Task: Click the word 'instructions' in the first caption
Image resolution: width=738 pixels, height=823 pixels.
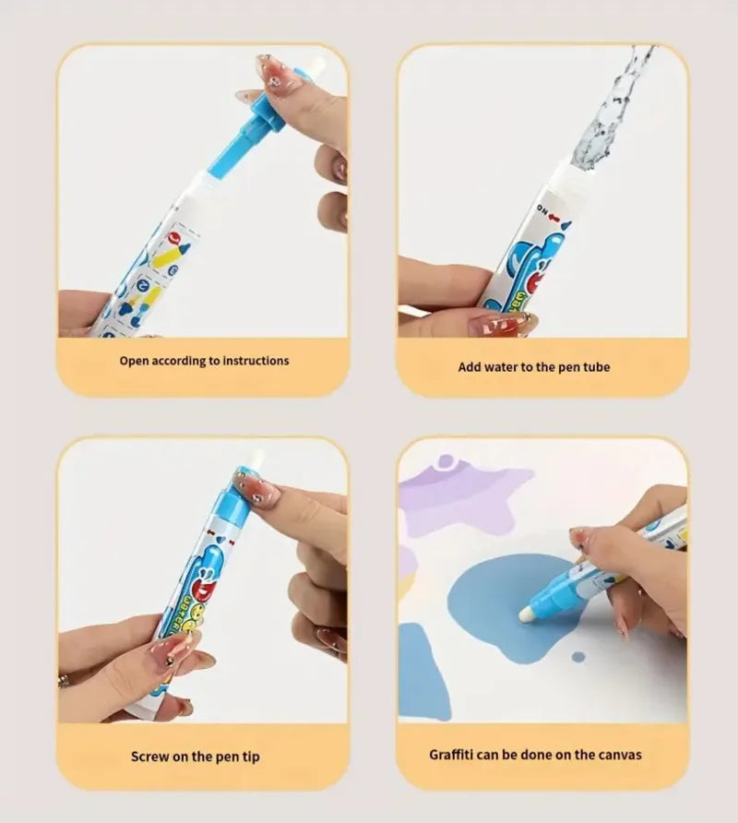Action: coord(249,361)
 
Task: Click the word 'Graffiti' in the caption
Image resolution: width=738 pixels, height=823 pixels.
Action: coord(457,754)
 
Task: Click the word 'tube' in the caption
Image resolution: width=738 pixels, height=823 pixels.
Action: coord(596,366)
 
